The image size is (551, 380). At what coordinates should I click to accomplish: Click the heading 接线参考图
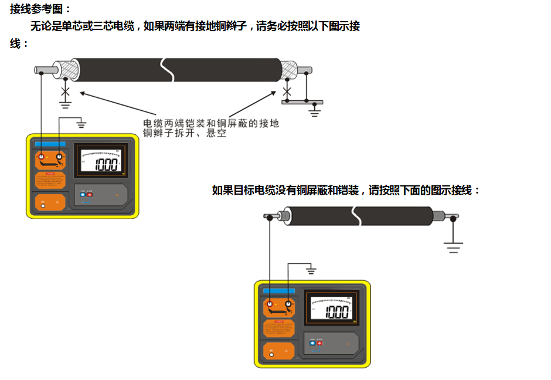tap(40, 9)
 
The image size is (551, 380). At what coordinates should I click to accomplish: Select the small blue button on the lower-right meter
tap(312, 341)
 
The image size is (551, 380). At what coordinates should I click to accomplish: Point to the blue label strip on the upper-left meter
tap(51, 144)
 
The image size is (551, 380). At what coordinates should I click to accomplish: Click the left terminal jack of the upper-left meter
tap(42, 157)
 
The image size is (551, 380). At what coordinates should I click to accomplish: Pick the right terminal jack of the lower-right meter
tap(288, 305)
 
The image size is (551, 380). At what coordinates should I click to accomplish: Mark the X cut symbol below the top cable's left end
tap(66, 91)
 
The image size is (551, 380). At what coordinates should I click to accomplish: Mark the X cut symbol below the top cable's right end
tap(287, 91)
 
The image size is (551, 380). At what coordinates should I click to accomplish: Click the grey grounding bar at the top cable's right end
tap(302, 102)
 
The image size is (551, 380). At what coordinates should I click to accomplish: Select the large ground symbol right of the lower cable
tap(453, 245)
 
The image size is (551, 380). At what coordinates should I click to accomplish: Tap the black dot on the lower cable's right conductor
tap(453, 218)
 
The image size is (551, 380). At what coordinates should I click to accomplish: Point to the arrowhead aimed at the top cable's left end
tap(83, 92)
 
